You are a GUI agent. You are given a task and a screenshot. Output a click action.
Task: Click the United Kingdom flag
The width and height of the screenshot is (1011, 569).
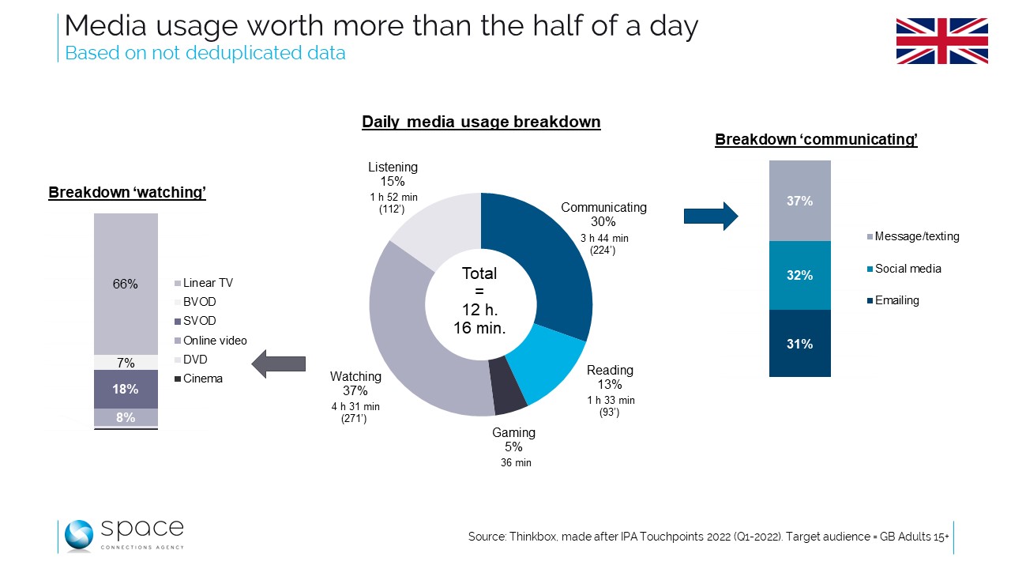point(941,41)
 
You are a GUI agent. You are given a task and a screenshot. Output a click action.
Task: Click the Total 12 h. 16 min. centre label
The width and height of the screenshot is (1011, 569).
point(480,300)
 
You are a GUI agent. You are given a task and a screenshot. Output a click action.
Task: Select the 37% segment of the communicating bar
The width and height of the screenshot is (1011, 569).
point(799,201)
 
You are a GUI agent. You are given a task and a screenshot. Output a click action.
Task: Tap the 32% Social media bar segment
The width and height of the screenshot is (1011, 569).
point(799,275)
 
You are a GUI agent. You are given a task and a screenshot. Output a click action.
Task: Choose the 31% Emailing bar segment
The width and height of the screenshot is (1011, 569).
point(799,344)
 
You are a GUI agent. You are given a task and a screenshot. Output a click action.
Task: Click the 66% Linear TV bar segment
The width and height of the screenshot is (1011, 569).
point(126,284)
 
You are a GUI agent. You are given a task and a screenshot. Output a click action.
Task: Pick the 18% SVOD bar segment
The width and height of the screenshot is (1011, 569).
point(126,389)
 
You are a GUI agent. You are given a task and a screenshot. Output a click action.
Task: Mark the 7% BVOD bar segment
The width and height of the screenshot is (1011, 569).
point(126,363)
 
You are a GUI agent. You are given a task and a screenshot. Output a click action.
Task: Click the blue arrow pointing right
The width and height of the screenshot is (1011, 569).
point(709,215)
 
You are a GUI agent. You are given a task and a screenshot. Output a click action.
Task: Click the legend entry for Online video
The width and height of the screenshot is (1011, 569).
point(214,341)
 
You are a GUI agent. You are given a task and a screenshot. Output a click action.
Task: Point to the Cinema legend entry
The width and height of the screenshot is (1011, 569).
point(202,379)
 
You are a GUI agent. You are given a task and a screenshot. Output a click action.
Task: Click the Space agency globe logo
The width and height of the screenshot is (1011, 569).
point(79,536)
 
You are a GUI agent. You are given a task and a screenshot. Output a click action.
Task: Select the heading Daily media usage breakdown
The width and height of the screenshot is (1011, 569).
point(481,122)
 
